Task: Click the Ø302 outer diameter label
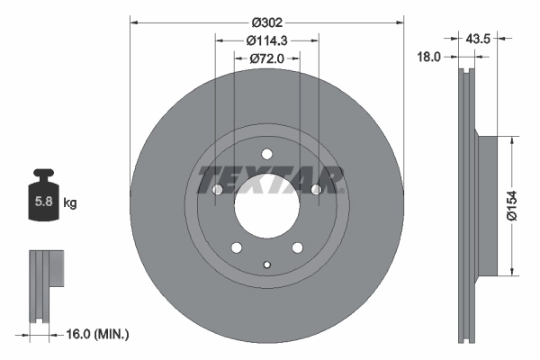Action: click(x=266, y=21)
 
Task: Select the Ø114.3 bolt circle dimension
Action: click(x=266, y=40)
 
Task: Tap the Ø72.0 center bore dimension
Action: click(x=266, y=58)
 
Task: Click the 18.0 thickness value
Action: click(x=430, y=57)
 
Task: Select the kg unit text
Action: click(x=70, y=203)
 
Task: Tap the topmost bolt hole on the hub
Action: click(x=266, y=153)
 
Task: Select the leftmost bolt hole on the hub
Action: click(x=217, y=190)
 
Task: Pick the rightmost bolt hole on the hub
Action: click(x=316, y=190)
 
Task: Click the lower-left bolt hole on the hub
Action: click(x=236, y=247)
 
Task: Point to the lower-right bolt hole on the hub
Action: click(x=297, y=247)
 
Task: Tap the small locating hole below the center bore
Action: click(x=266, y=264)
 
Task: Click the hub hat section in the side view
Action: click(x=485, y=205)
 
